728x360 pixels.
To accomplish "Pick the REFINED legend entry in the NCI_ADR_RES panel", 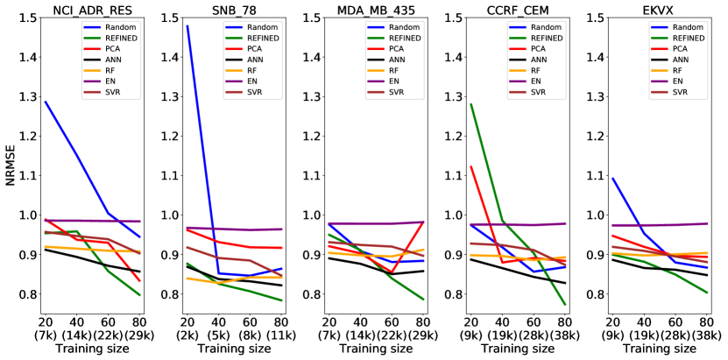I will (113, 39).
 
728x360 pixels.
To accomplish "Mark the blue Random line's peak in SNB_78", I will (187, 26).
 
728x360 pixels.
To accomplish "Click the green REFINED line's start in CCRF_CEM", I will (471, 104).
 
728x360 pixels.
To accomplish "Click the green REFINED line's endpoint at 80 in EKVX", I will (707, 293).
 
